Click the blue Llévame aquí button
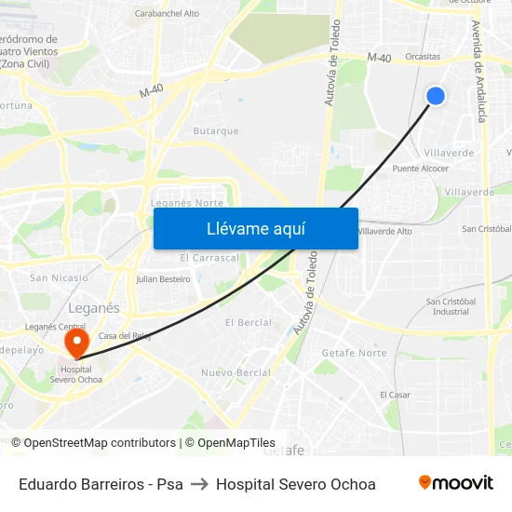click(255, 229)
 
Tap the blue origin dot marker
click(435, 95)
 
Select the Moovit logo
click(455, 483)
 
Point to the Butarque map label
click(216, 131)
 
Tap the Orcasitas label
click(423, 56)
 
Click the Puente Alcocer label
click(420, 168)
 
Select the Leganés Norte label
click(186, 203)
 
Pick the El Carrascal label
click(209, 257)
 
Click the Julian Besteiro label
click(163, 278)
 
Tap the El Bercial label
click(249, 322)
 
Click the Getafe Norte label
click(354, 353)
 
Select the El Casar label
click(395, 395)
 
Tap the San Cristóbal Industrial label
click(451, 306)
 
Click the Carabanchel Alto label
click(167, 14)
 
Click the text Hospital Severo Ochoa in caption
click(296, 484)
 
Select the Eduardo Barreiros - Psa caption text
click(101, 484)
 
